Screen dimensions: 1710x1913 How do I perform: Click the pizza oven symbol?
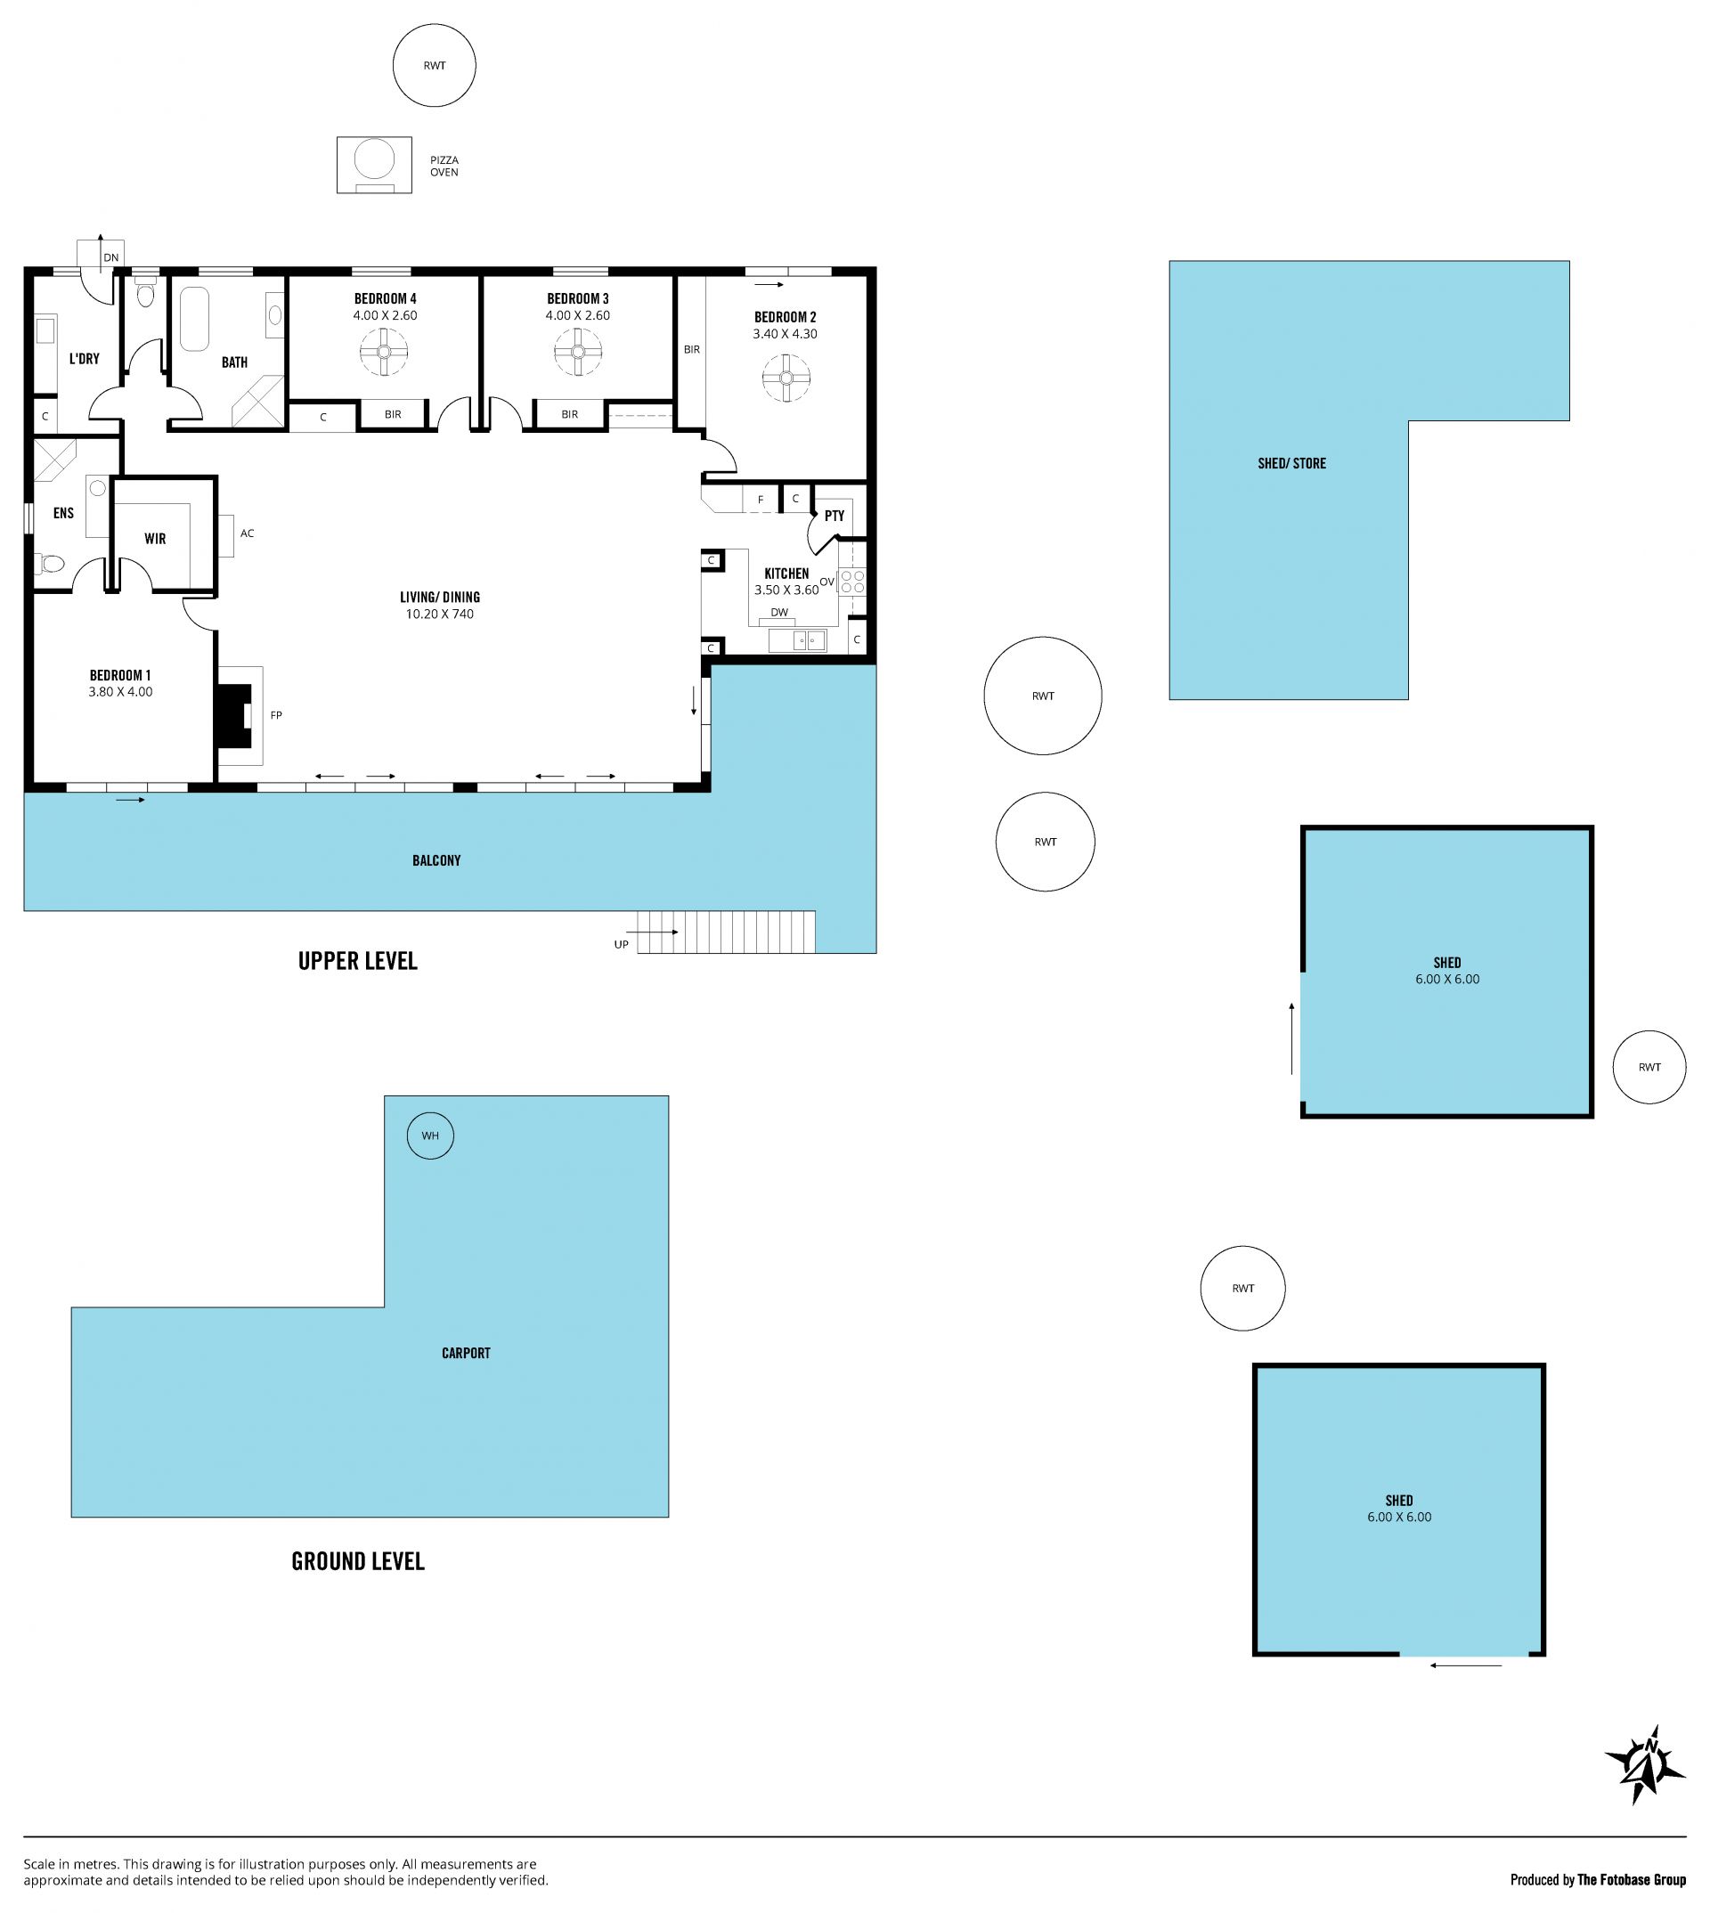click(x=374, y=166)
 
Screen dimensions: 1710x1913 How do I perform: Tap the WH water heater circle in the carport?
click(x=430, y=1136)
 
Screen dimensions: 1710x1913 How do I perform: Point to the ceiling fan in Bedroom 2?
click(x=786, y=379)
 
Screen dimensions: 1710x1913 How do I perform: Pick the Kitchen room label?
click(x=786, y=574)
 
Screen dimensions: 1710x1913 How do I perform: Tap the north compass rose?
click(x=1644, y=1764)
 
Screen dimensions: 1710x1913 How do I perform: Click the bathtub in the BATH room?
click(x=194, y=320)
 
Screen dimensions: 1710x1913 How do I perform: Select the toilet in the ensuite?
click(x=49, y=564)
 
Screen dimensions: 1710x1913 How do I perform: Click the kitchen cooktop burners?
click(x=852, y=581)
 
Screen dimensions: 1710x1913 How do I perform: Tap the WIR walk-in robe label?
click(x=155, y=539)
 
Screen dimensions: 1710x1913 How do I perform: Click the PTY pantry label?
click(x=835, y=516)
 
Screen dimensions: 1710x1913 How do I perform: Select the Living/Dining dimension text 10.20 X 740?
click(x=440, y=615)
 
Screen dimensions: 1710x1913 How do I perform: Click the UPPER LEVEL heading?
click(x=358, y=961)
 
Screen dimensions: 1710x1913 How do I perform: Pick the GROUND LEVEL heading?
click(x=358, y=1561)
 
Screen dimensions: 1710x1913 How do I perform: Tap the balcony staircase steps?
click(x=726, y=932)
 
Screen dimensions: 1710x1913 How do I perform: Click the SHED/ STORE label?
click(x=1292, y=463)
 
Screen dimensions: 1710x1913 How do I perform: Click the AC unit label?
click(x=247, y=533)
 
